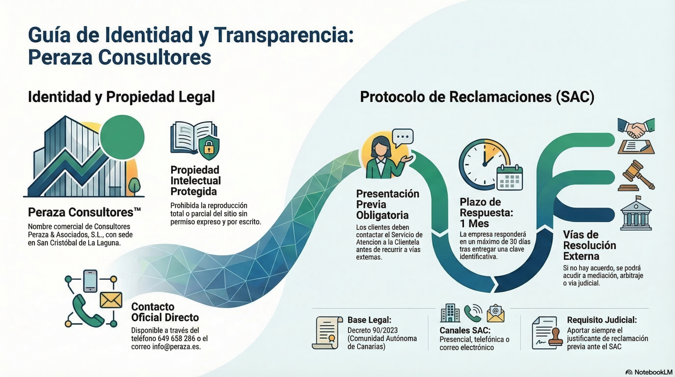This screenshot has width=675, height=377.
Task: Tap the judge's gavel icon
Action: coord(636,176)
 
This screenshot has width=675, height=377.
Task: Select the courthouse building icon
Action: coord(636,215)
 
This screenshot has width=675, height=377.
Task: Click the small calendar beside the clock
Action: coord(509,178)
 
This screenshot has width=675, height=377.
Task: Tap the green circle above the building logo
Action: coord(122,137)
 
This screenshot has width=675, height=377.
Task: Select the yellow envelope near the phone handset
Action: coord(111,300)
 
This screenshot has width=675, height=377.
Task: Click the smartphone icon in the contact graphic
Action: coord(90,281)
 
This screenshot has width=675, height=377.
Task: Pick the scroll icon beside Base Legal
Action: coord(327,333)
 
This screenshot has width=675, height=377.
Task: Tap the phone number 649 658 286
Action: coord(176,339)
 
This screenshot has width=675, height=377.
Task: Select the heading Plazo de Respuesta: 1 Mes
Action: coord(486,213)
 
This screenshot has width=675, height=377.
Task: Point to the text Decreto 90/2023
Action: coord(372,331)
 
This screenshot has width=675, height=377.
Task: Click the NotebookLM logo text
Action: coord(653,372)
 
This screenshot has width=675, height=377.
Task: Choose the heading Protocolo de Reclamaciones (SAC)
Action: coord(477,97)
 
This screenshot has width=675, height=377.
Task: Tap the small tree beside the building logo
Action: coord(134,186)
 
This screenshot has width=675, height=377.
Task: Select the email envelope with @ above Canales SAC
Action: coord(495,313)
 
